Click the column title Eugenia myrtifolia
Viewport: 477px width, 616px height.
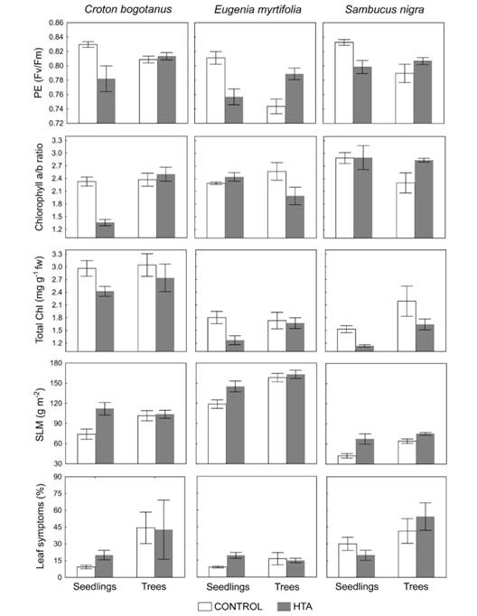coord(257,10)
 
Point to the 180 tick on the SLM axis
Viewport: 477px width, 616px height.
coord(56,364)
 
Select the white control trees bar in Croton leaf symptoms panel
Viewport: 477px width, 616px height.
coord(145,552)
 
